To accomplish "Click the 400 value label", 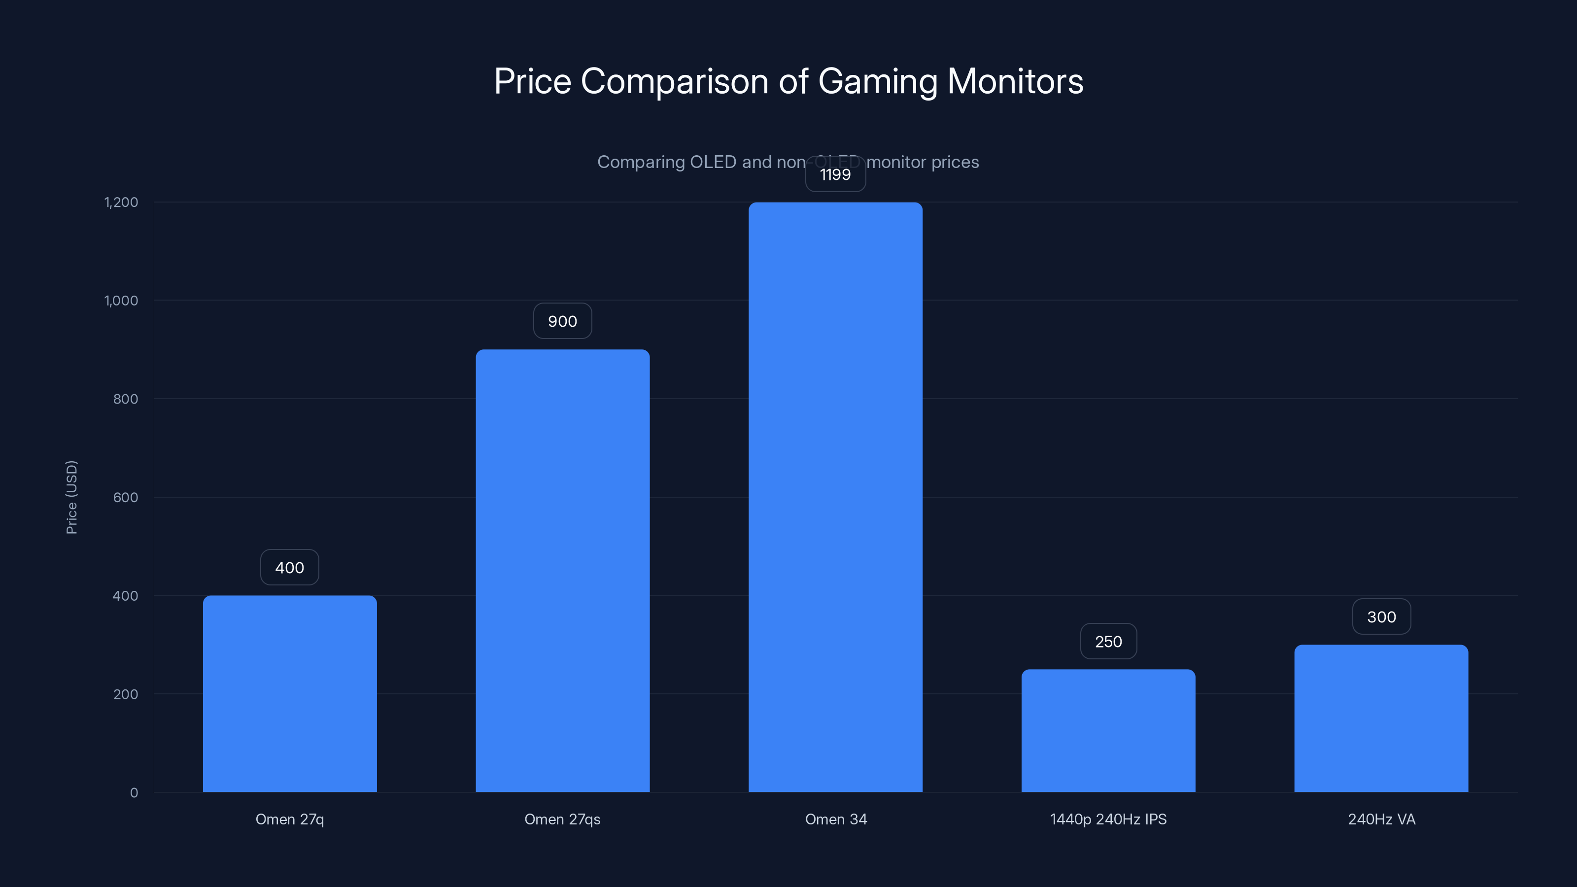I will pos(290,568).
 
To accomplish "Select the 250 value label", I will pos(1108,642).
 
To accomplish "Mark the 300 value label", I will pos(1381,617).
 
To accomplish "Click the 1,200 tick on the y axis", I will pos(121,202).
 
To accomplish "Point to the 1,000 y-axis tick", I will pos(121,301).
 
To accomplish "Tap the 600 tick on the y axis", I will pos(126,497).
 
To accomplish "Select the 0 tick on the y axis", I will pos(134,793).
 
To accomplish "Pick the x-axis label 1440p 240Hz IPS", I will pos(1108,819).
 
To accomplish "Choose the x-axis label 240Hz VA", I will pos(1381,819).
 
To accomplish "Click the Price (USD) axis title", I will pos(71,497).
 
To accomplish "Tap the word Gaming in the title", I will pos(877,82).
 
